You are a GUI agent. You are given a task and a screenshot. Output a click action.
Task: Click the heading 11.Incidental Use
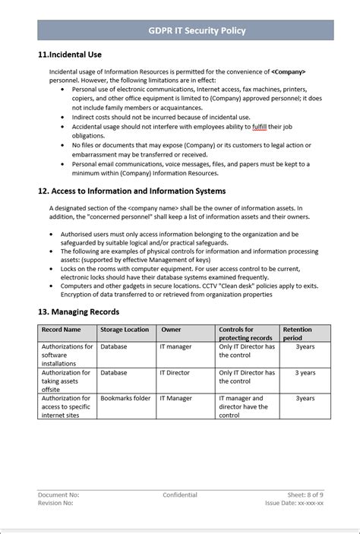click(70, 55)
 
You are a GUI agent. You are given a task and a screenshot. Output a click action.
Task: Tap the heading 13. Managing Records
click(78, 311)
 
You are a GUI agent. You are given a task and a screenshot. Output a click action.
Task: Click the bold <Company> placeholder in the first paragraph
click(288, 71)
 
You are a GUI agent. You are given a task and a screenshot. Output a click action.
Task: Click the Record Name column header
click(62, 330)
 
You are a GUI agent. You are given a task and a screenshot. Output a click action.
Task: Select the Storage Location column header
click(125, 330)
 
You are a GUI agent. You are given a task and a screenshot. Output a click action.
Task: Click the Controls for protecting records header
click(245, 333)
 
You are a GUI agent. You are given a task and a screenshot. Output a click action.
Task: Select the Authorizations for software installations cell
click(67, 355)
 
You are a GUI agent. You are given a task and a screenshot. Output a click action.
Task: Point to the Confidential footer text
click(180, 495)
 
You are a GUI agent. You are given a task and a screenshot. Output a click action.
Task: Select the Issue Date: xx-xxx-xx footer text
click(295, 504)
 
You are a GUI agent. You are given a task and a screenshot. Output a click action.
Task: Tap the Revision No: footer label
click(55, 504)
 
